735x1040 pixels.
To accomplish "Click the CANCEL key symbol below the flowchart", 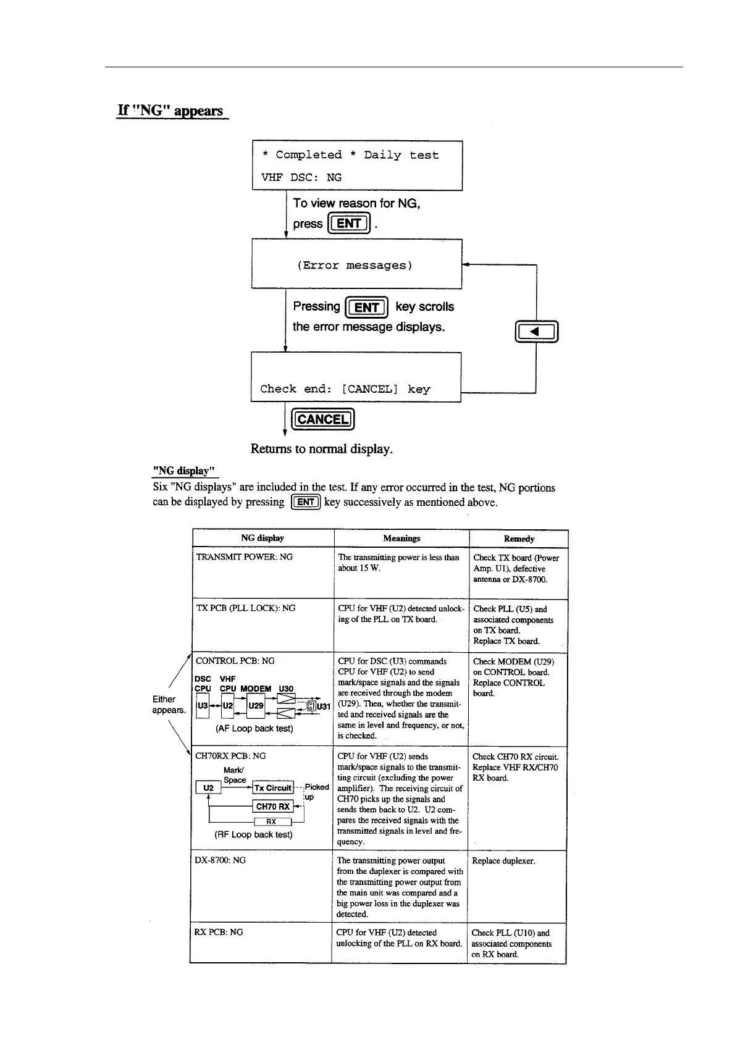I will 322,419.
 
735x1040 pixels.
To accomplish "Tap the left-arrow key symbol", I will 536,332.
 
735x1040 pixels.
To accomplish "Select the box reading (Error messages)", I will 356,265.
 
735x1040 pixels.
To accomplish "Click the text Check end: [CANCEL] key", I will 345,389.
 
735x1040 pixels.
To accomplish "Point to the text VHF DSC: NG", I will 301,177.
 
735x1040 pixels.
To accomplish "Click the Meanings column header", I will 401,538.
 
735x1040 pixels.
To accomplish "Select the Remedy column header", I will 519,539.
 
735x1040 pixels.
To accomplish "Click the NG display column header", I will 262,538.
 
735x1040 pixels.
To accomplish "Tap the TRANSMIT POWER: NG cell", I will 244,557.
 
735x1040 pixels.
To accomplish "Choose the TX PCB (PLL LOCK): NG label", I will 245,608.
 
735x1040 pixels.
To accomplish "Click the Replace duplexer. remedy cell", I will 503,861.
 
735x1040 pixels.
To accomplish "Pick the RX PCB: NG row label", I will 219,932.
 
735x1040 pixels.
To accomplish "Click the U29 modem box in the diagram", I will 256,706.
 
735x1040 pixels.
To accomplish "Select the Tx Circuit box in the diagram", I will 273,788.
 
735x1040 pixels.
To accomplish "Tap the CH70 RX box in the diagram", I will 273,807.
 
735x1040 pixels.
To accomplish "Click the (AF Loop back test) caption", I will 254,729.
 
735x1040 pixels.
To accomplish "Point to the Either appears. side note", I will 169,705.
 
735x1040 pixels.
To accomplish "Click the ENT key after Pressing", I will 367,307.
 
